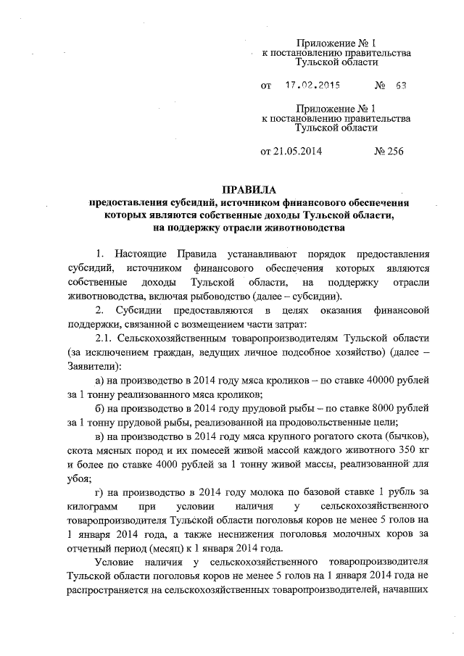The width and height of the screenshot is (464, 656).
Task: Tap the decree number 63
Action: [401, 85]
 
